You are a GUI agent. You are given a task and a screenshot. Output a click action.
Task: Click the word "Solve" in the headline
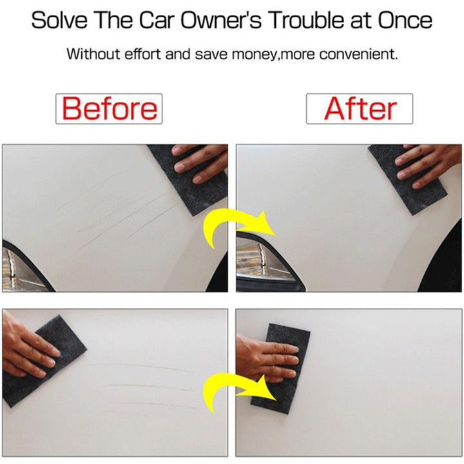click(x=59, y=20)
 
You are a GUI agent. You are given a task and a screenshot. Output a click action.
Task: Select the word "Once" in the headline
click(x=405, y=20)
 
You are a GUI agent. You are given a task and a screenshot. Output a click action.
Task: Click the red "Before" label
click(x=110, y=108)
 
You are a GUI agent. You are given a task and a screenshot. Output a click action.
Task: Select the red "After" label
click(x=360, y=108)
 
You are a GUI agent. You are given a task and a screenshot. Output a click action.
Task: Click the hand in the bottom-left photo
click(x=26, y=349)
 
